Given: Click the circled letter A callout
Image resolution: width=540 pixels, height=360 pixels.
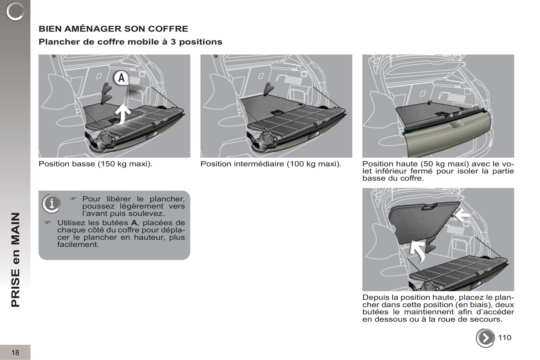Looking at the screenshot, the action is pos(121,78).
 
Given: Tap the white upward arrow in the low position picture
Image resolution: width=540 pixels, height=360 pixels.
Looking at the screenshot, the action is pos(123,114).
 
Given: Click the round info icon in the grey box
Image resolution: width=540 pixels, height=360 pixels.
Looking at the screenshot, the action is pos(51,204).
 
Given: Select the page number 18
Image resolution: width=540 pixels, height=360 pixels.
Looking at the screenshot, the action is pos(15,353).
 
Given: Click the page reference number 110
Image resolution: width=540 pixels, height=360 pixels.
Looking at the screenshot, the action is pos(504,338).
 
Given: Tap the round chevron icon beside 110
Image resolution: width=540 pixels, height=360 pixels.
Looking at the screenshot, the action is pos(485,338).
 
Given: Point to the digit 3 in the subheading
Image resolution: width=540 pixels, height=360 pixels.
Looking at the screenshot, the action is pos(173,42).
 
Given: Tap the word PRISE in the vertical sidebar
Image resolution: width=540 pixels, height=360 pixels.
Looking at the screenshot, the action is pos(16,288).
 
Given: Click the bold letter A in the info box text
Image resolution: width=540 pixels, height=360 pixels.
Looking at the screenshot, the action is pos(134,223).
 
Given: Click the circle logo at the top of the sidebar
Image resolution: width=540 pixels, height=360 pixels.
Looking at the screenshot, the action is pos(15,11).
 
